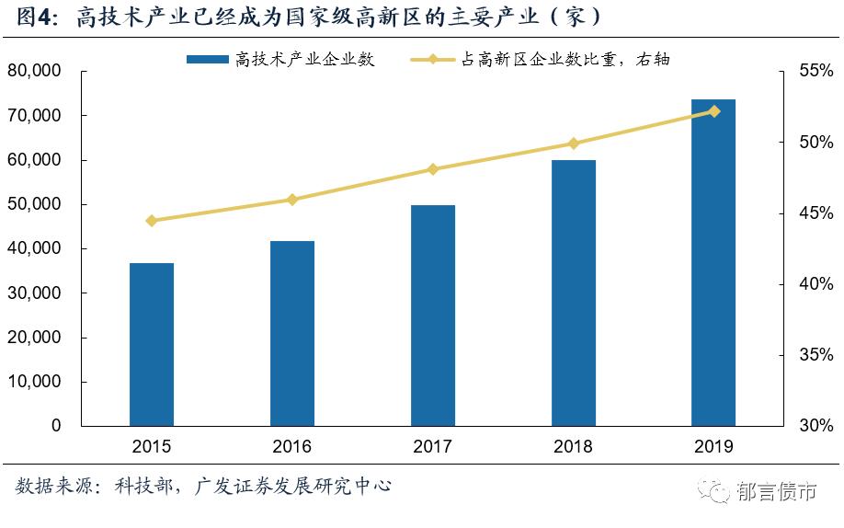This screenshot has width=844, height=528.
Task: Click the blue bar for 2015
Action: click(x=152, y=345)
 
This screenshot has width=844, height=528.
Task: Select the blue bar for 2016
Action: click(x=292, y=333)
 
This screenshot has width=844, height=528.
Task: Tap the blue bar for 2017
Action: click(x=433, y=316)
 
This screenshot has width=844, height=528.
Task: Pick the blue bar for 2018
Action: click(x=574, y=293)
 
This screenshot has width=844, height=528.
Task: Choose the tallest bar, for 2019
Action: click(x=713, y=262)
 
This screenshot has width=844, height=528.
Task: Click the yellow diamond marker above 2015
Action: click(x=152, y=221)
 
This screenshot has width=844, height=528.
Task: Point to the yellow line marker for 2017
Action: click(x=433, y=169)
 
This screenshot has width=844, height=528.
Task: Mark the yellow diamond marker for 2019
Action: click(x=713, y=111)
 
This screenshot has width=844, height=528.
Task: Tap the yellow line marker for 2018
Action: click(x=574, y=143)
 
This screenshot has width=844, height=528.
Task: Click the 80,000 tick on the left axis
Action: click(x=34, y=72)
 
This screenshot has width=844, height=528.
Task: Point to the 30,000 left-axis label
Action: click(x=34, y=293)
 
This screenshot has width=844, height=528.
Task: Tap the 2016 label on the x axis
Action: click(x=292, y=447)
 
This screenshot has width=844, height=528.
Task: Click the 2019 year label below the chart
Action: click(x=713, y=447)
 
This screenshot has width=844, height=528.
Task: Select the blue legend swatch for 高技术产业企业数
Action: click(x=207, y=60)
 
